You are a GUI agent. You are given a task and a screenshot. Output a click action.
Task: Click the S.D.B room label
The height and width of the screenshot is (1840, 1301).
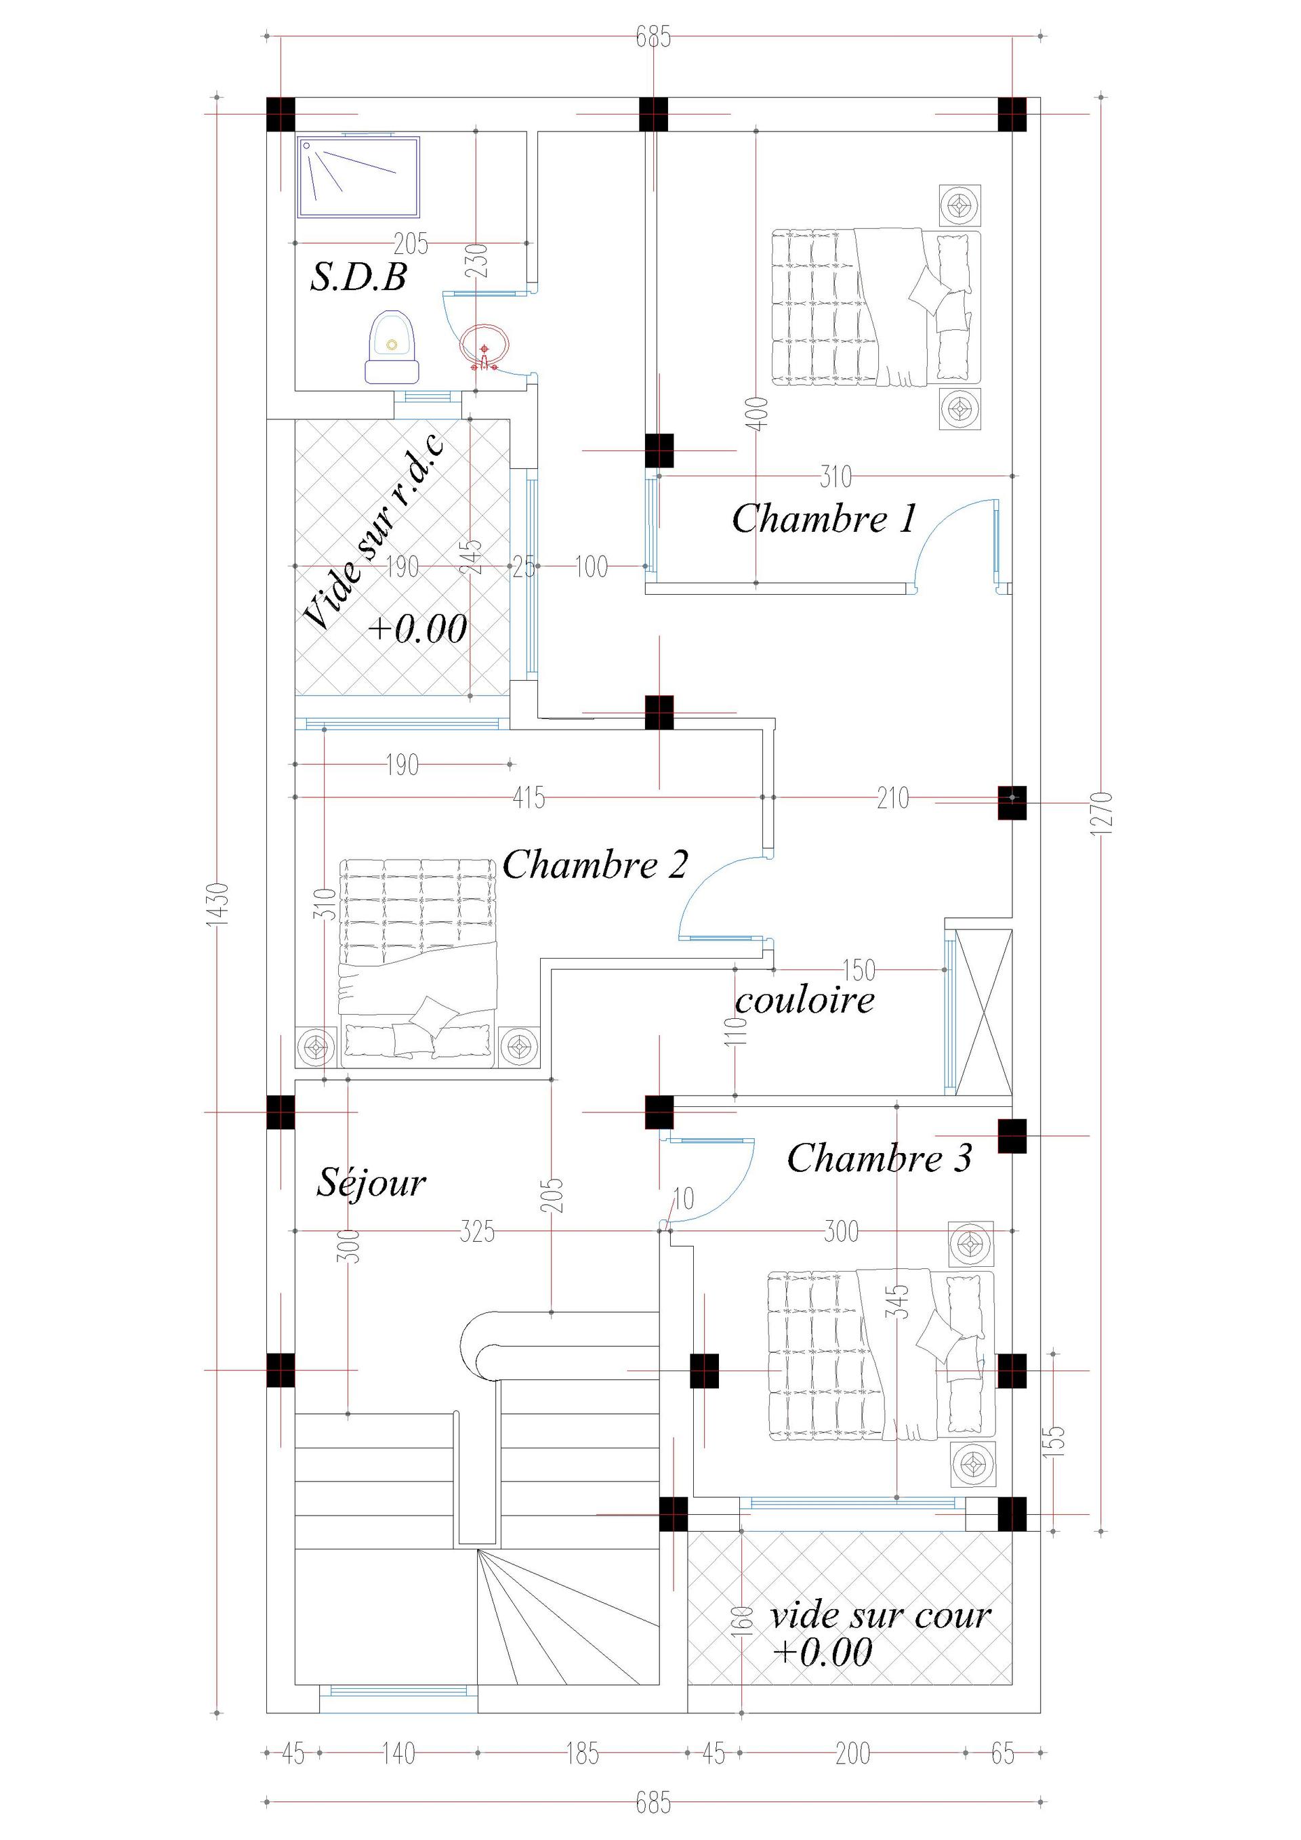[358, 277]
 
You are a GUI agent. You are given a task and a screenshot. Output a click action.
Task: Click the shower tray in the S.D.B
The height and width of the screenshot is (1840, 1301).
[358, 177]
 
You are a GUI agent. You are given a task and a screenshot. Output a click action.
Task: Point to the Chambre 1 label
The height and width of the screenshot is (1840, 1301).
[823, 518]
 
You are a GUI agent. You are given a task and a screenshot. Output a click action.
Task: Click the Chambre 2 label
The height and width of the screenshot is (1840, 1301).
[595, 864]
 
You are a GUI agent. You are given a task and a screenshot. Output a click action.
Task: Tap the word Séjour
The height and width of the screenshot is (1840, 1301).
[371, 1183]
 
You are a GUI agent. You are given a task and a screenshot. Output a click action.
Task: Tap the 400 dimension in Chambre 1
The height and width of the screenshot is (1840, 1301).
[761, 413]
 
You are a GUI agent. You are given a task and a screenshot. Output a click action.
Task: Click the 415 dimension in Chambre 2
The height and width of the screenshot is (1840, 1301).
[529, 798]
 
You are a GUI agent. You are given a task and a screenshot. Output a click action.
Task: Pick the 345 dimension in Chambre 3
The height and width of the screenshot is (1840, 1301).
[901, 1303]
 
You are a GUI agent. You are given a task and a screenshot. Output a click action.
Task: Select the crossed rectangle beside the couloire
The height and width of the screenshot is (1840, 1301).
[985, 1012]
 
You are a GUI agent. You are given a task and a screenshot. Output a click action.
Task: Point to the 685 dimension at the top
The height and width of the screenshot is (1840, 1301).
[653, 37]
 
